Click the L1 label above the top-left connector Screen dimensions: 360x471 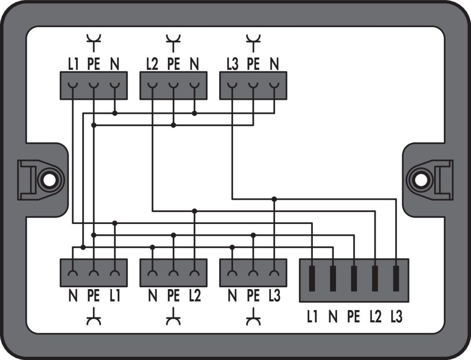point(73,64)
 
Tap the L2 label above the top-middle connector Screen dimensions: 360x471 point(152,64)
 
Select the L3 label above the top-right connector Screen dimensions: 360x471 point(232,64)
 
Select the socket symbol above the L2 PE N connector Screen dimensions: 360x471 point(173,43)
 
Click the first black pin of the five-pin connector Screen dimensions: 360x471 point(312,278)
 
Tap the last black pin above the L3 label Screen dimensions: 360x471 point(396,278)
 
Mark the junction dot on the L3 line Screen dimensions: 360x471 point(274,199)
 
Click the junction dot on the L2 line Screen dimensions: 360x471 point(195,211)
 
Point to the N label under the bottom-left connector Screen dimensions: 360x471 point(73,296)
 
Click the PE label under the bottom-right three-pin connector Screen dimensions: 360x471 point(253,296)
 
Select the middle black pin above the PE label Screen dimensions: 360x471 point(354,278)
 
